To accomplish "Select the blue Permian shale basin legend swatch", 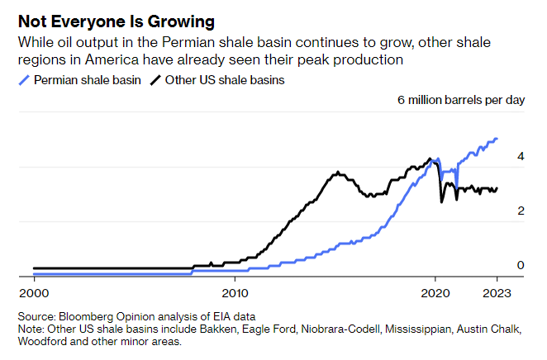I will pos(24,80).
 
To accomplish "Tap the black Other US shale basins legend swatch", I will pos(155,80).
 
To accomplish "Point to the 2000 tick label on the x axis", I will pos(33,291).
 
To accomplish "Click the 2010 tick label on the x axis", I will pos(235,291).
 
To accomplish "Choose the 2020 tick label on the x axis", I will pos(435,291).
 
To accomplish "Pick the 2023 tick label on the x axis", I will pos(497,291).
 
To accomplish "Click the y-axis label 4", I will pos(521,155).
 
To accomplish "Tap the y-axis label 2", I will pos(521,211).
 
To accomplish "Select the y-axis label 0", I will pos(521,265).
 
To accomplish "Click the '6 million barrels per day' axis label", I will pos(461,100).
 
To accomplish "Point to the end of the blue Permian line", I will pos(497,139).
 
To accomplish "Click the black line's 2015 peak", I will pos(338,173).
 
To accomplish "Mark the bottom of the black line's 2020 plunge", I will pos(441,202).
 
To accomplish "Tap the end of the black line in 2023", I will pos(497,188).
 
